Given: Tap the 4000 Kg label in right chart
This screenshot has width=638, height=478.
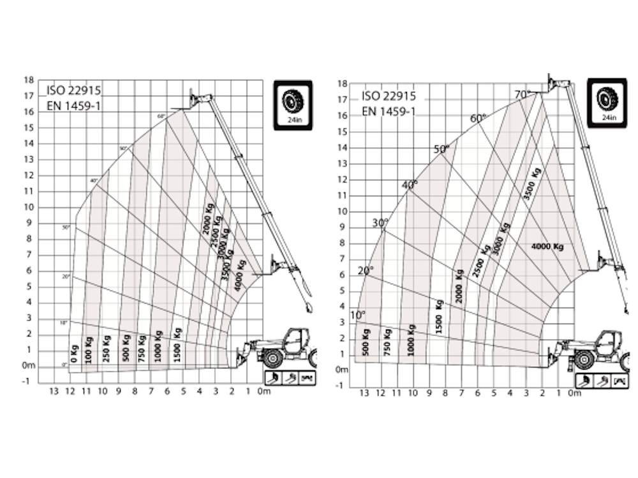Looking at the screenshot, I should click(547, 247).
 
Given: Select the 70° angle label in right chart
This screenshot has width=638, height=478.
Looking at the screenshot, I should click(522, 94).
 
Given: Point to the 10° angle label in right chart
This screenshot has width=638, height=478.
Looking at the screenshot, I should click(358, 315).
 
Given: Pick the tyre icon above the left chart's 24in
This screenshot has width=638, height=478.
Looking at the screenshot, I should click(293, 99).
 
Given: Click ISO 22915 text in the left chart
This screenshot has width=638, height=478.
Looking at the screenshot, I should click(73, 91).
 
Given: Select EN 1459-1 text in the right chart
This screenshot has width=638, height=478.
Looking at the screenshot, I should click(389, 112).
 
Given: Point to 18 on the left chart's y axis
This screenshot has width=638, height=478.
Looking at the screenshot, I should click(28, 80).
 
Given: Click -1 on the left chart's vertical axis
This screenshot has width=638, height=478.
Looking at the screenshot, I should click(26, 381).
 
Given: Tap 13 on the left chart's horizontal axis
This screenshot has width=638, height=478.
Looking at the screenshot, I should click(54, 391).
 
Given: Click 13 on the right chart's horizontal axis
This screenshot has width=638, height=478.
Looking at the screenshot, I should click(364, 393).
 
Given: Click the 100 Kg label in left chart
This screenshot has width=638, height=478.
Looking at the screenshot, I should click(88, 349).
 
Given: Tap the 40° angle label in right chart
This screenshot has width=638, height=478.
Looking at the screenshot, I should click(409, 185).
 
